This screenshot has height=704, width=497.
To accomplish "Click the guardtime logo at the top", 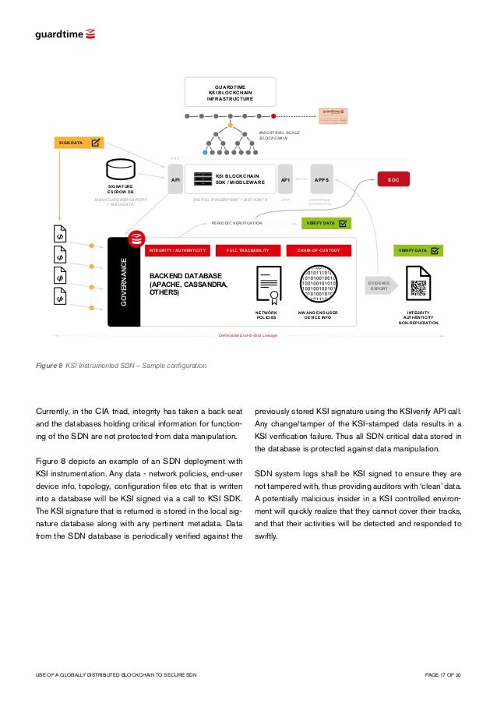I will point(65,34).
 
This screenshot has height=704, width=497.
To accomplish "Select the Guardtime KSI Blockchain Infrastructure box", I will point(230,92).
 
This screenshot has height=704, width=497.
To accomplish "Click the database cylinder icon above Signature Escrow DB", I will point(120,170).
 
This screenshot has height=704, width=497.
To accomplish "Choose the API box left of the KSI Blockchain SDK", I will point(174,179).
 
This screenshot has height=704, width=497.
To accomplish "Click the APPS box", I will point(321,179).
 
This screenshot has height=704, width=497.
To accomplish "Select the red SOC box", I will point(394,179).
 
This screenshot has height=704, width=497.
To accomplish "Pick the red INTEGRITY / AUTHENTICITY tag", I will point(178,250).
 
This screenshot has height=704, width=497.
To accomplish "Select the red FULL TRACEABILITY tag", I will point(248,250).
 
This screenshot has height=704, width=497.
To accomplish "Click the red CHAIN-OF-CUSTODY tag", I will point(319,250).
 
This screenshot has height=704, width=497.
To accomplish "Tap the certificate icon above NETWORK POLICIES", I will point(269,285).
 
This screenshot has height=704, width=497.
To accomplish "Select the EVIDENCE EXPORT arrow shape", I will point(381,285).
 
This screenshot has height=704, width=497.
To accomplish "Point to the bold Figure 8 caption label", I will point(49,365).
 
